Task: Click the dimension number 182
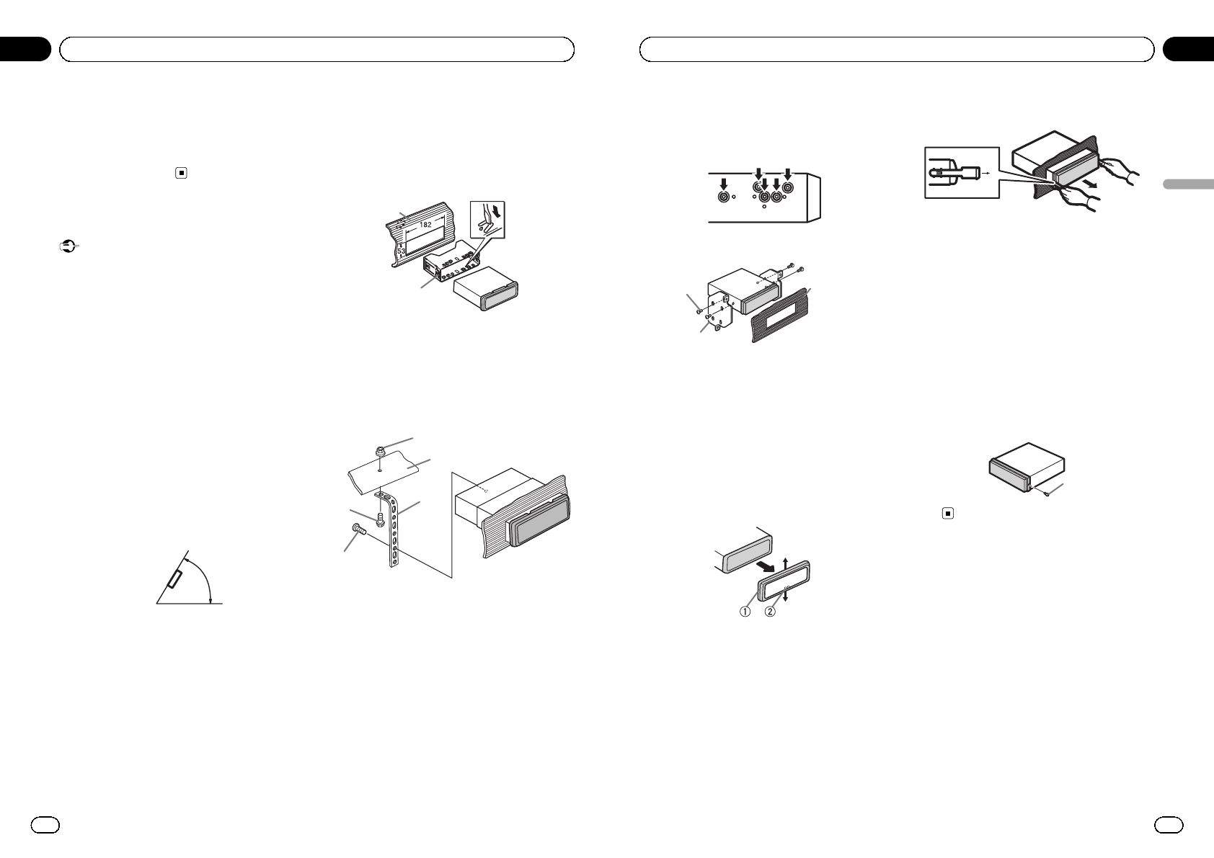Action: tap(426, 224)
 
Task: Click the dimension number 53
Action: tap(401, 251)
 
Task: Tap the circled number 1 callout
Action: tap(745, 612)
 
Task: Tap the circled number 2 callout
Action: tap(770, 612)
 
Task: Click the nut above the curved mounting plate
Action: tap(381, 451)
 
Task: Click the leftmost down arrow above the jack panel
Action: tap(724, 184)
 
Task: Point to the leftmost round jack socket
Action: tap(724, 197)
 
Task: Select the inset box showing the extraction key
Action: tap(962, 173)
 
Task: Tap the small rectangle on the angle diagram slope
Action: tap(174, 579)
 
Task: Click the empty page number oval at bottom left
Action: tap(45, 825)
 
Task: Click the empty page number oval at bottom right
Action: tap(1169, 825)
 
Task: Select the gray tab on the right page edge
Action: tap(1188, 184)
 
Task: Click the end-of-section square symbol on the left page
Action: tap(182, 173)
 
